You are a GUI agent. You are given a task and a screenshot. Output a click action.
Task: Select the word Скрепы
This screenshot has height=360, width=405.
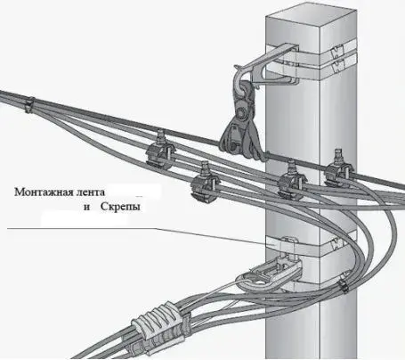(x=120, y=207)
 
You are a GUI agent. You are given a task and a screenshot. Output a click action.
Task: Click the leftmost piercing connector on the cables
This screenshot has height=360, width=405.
(x=159, y=150)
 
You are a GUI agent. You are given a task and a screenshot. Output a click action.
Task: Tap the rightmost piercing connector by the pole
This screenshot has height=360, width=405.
(x=339, y=168)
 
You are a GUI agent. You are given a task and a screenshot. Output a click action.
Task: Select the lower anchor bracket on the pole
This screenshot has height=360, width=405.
(x=270, y=273)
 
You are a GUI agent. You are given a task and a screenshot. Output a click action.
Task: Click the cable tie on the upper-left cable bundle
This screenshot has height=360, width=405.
(x=29, y=104)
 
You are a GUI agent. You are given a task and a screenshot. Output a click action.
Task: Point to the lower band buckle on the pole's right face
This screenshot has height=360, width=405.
(x=336, y=243)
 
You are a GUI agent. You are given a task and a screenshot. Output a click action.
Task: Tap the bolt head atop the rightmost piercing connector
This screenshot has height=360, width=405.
(x=338, y=152)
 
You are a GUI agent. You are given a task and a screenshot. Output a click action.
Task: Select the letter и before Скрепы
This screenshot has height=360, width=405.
(x=87, y=208)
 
